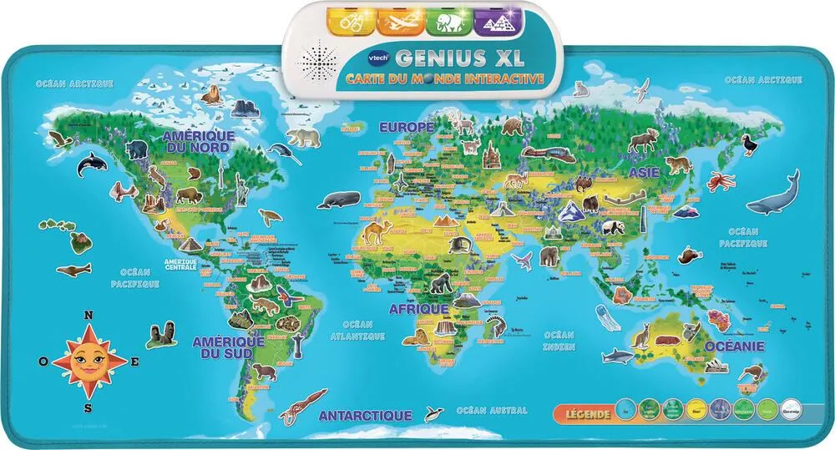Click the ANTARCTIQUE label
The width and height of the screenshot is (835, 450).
click(366, 414)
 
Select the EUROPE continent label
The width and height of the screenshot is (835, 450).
click(407, 128)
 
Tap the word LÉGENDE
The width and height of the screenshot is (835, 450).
click(584, 412)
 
